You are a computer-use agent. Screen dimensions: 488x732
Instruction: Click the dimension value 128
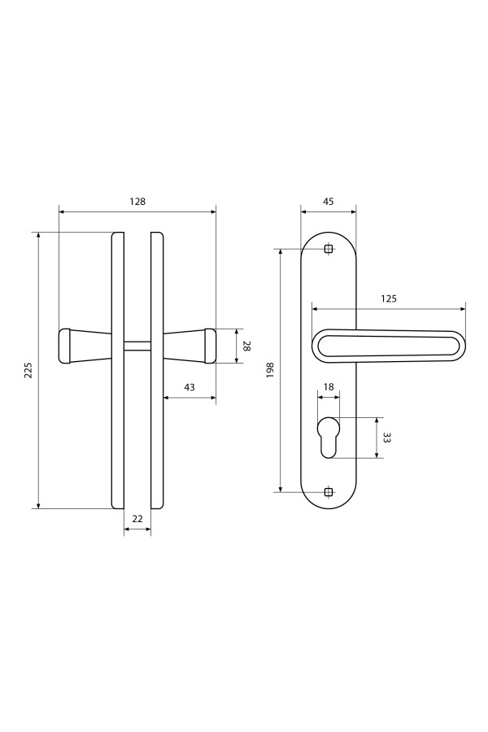click(x=137, y=202)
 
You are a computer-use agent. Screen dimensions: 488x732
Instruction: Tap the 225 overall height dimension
click(x=28, y=370)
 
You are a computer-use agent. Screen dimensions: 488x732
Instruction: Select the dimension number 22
click(x=137, y=519)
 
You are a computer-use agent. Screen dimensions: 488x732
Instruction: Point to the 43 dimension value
click(x=190, y=387)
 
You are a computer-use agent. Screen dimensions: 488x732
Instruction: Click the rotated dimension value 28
click(x=247, y=346)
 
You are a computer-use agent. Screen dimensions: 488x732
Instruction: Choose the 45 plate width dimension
click(x=329, y=202)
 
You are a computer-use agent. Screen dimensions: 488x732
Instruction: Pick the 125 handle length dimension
click(x=389, y=298)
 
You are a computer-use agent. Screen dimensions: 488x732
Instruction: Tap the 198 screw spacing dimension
click(x=270, y=370)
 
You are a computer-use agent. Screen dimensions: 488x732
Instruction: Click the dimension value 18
click(x=329, y=387)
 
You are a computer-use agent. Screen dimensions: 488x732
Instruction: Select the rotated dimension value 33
click(x=386, y=438)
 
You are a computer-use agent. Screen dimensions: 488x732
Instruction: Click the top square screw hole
click(x=329, y=249)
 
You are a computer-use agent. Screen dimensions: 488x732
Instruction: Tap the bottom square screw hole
click(x=329, y=491)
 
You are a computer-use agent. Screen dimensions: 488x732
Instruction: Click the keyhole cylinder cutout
click(x=329, y=437)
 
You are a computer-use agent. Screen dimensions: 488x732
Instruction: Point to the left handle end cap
click(x=65, y=346)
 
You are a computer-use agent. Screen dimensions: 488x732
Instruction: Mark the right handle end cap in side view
click(x=210, y=346)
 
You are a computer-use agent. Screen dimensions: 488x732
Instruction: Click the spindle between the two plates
click(x=137, y=346)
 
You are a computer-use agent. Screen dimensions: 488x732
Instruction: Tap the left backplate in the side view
click(x=118, y=370)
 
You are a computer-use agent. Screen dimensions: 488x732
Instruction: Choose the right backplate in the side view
click(x=157, y=370)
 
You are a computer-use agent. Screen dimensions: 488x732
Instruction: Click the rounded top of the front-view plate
click(x=329, y=232)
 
